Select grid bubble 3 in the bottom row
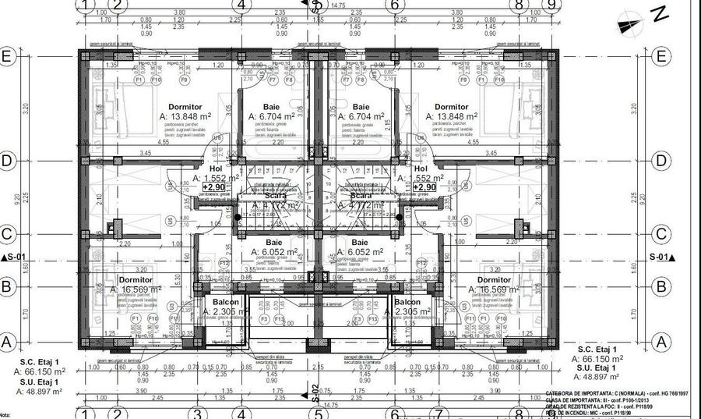[198, 414]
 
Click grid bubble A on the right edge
[661, 342]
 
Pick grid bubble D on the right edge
[661, 162]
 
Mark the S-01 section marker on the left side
[15, 257]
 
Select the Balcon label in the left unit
[226, 302]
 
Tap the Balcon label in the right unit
[407, 302]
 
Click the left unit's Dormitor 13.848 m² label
[185, 107]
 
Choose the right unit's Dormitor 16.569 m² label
[494, 280]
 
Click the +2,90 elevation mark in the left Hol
[216, 188]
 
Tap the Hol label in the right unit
[421, 169]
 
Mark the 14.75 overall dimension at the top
[338, 5]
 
